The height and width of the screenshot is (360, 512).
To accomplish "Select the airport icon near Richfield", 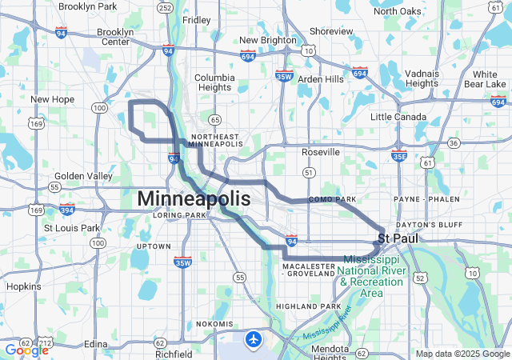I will click(x=254, y=339).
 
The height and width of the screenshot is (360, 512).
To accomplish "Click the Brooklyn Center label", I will click(x=114, y=37).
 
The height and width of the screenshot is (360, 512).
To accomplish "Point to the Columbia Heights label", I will click(x=214, y=83).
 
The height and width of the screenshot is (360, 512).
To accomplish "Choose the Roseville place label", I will click(x=321, y=152).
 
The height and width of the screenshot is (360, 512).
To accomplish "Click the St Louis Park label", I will click(x=71, y=228).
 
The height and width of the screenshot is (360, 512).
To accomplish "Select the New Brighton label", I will click(x=268, y=40).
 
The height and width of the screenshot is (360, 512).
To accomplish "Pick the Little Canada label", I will click(x=398, y=117).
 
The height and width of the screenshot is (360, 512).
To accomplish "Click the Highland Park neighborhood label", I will click(x=308, y=306).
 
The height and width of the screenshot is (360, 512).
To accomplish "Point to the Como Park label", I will click(x=331, y=198).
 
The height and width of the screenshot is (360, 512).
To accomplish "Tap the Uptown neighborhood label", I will click(x=154, y=246).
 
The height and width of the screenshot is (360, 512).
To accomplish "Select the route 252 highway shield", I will click(x=165, y=9).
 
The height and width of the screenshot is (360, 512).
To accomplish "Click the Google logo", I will click(x=26, y=350).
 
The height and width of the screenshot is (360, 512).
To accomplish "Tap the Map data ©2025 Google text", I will click(x=462, y=354).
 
